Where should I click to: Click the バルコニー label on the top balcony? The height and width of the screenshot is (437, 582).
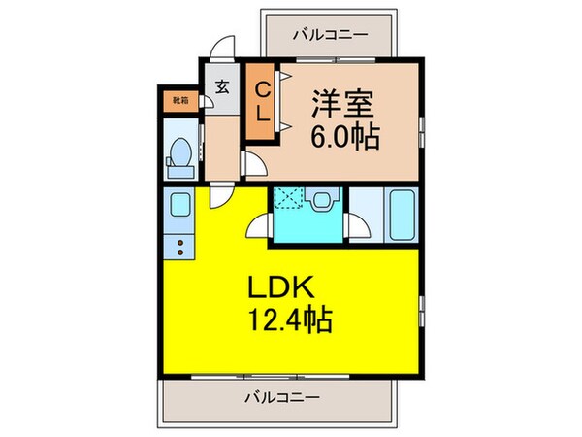click(329, 35)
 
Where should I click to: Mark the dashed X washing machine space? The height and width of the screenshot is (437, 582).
click(288, 198)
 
